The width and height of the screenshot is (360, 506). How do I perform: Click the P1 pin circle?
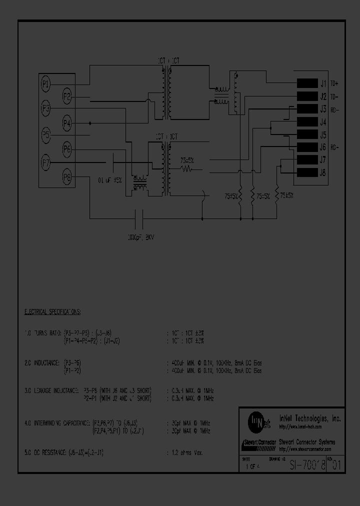[x=45, y=84]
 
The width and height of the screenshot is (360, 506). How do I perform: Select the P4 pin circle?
[x=67, y=123]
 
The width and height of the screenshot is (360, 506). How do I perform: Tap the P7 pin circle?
[x=45, y=162]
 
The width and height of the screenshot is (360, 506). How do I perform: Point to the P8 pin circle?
[x=67, y=176]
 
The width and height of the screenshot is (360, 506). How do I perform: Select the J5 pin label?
[x=323, y=135]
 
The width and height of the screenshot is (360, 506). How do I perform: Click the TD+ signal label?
[x=334, y=83]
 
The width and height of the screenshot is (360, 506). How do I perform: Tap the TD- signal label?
[x=334, y=96]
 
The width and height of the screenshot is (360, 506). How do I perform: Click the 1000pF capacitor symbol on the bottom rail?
[x=140, y=218]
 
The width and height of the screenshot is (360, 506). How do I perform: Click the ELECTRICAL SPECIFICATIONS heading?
[x=53, y=311]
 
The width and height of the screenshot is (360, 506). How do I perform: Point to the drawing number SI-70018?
[x=307, y=465]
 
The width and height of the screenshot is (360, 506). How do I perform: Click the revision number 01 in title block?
[x=337, y=465]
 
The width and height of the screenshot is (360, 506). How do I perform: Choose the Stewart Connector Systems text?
[x=306, y=442]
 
